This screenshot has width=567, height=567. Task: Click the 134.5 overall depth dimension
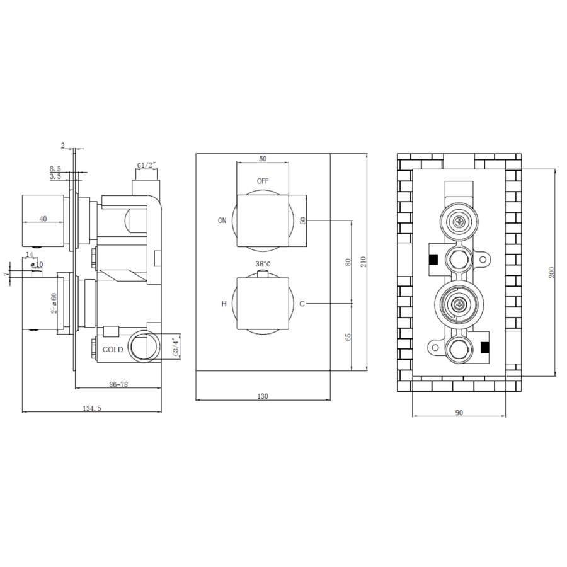click(x=92, y=408)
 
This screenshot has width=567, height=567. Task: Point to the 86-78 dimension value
click(x=118, y=384)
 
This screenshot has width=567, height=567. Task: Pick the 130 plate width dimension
click(x=263, y=396)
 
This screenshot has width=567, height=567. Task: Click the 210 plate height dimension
click(x=364, y=261)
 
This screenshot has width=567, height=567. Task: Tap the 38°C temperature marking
click(x=263, y=263)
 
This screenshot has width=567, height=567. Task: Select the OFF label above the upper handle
click(x=263, y=181)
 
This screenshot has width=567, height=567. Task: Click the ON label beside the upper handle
click(x=222, y=220)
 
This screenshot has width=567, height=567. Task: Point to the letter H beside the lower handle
click(x=223, y=304)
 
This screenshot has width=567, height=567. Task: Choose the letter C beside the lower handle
click(x=302, y=304)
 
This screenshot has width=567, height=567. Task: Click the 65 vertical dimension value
click(x=348, y=337)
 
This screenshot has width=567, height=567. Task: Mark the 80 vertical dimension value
click(x=348, y=261)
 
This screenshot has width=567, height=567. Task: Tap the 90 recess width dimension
click(x=459, y=412)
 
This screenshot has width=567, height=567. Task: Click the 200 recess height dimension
click(x=551, y=272)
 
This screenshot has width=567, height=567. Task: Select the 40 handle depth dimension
click(x=43, y=219)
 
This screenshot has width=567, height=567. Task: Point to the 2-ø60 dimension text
click(x=55, y=302)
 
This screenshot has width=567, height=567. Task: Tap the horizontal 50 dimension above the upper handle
click(x=263, y=159)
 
